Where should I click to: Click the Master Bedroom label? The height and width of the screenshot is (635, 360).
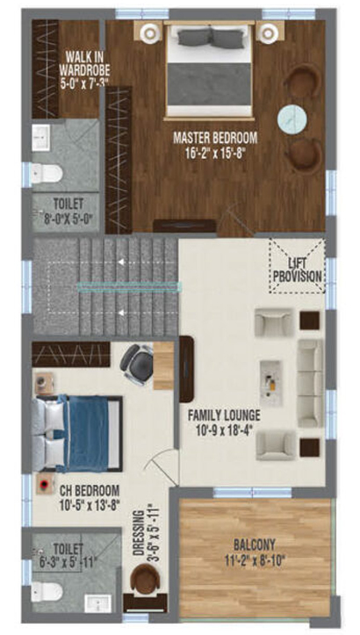pyautogui.click(x=215, y=145)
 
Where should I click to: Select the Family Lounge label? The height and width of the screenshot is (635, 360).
pyautogui.click(x=224, y=422)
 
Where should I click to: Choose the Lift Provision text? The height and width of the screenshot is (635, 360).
pyautogui.click(x=298, y=270)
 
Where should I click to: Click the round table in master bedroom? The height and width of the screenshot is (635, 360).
pyautogui.click(x=292, y=119)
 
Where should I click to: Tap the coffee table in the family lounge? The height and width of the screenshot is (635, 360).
pyautogui.click(x=270, y=380)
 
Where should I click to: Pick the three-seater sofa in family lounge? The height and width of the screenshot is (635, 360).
pyautogui.click(x=311, y=384)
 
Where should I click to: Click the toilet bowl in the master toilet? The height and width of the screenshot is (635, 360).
pyautogui.click(x=47, y=174)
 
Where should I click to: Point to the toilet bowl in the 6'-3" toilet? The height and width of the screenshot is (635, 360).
pyautogui.click(x=47, y=592)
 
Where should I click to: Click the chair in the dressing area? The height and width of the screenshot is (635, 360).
pyautogui.click(x=144, y=579)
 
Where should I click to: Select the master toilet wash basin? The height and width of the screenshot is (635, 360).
pyautogui.click(x=41, y=138)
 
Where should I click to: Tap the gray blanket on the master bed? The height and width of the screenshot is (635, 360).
pyautogui.click(x=210, y=83)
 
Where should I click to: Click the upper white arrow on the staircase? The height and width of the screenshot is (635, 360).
pyautogui.click(x=121, y=262)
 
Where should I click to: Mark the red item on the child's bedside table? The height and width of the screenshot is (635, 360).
pyautogui.click(x=43, y=484)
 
